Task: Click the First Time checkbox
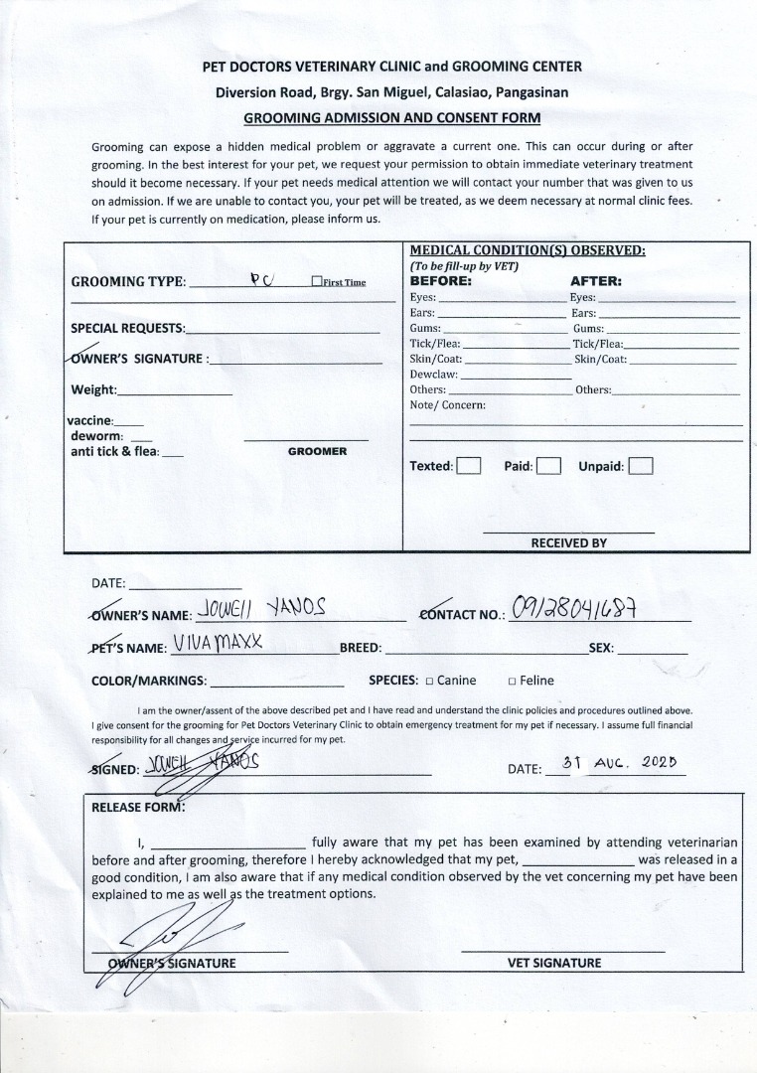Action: tap(316, 282)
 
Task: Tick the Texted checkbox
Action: tap(469, 466)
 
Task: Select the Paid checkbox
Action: tap(548, 466)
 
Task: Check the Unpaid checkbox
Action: tap(641, 466)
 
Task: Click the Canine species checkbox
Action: tap(429, 682)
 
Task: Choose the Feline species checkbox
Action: tap(512, 682)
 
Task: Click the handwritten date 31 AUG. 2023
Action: tap(619, 765)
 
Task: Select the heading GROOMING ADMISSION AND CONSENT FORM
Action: tap(392, 117)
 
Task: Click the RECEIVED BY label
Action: tap(568, 543)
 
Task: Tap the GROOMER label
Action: tap(317, 451)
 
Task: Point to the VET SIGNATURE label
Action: tap(554, 963)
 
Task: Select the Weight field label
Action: tap(93, 389)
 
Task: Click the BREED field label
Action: tap(361, 648)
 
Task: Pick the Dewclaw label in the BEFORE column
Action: tap(433, 375)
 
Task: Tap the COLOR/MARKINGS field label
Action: tap(149, 682)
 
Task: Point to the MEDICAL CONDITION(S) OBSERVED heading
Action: tap(528, 250)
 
